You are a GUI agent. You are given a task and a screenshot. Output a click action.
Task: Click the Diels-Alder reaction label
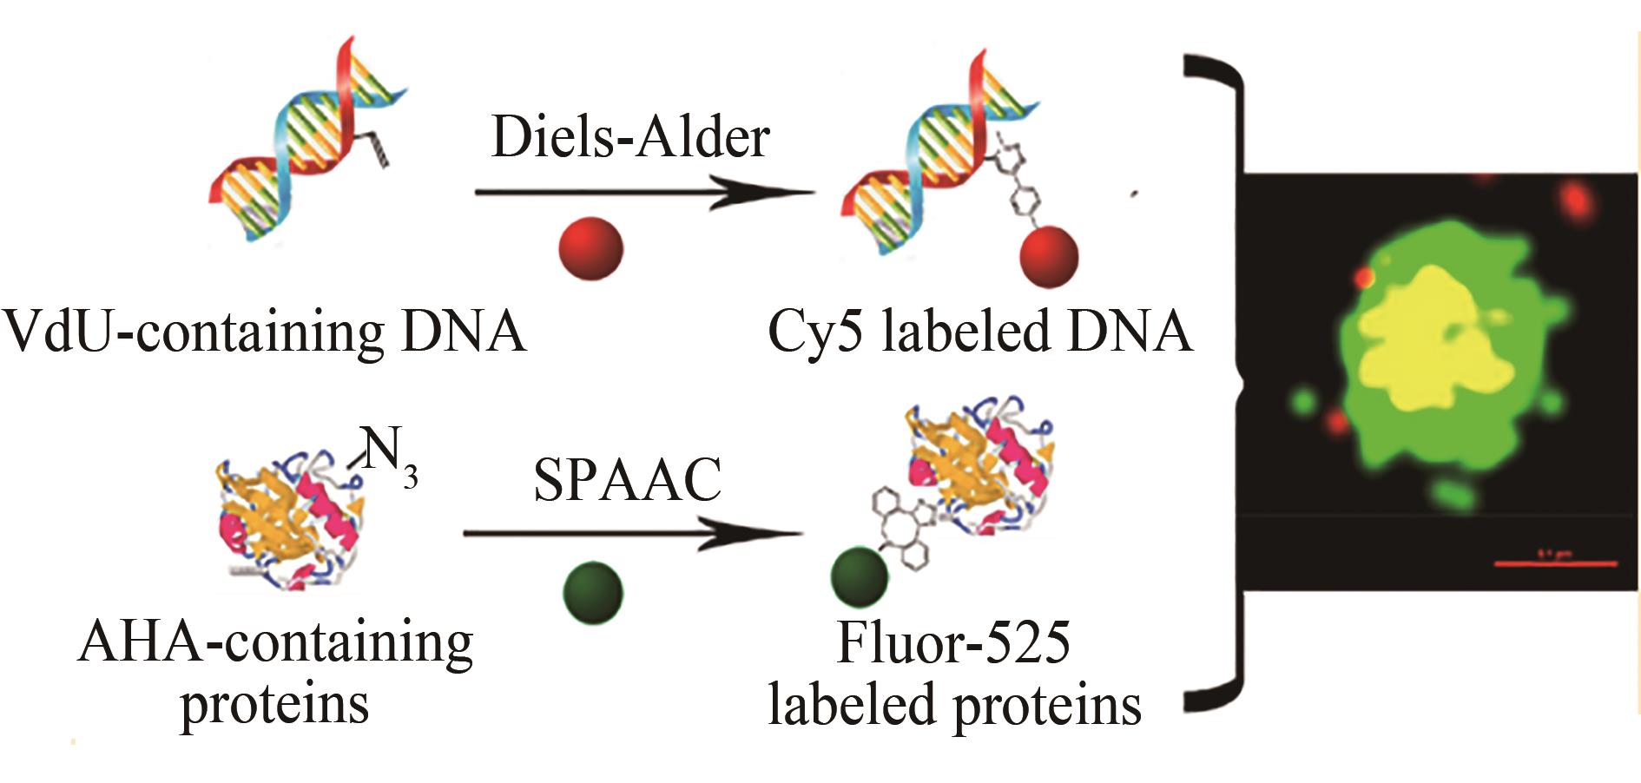(x=630, y=137)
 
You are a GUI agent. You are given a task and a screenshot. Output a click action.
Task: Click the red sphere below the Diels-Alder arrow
(x=590, y=248)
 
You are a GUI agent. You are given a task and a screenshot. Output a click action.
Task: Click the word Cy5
(x=815, y=332)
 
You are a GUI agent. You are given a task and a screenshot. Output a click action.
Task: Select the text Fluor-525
(x=953, y=643)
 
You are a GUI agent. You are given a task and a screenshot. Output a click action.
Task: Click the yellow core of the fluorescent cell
(x=1433, y=347)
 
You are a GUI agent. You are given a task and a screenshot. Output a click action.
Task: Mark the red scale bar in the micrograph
(x=1555, y=563)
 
